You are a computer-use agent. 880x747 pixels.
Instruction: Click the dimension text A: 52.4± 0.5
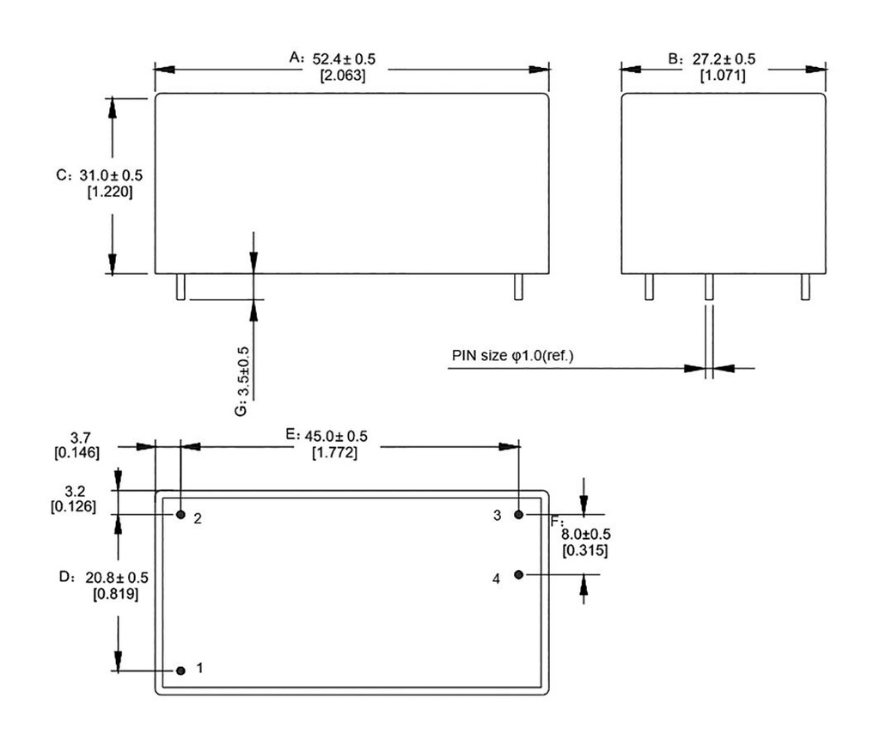pos(332,58)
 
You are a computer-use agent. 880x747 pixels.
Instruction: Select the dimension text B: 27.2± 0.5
pos(712,58)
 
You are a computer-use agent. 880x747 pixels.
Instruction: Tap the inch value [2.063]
pos(343,76)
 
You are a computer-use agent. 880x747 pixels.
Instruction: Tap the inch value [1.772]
pos(334,453)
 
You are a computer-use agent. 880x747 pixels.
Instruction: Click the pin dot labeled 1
pos(180,670)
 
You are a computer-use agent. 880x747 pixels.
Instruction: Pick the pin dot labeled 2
pos(180,514)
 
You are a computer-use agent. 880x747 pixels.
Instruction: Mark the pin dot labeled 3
pos(519,514)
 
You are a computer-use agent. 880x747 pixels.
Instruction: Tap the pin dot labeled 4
pos(519,574)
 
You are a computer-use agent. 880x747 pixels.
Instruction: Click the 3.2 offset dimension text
pos(76,491)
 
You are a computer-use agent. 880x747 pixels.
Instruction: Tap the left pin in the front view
pos(180,287)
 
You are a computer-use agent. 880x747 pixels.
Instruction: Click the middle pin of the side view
pos(709,287)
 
